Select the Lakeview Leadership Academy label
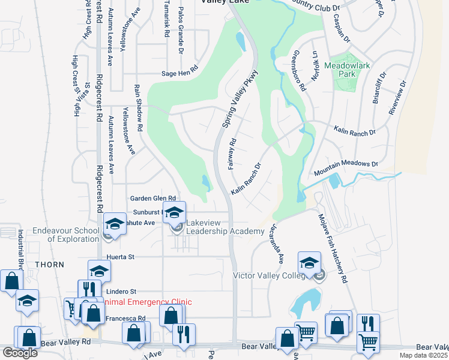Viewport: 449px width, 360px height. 224,227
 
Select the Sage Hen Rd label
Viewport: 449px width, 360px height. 179,74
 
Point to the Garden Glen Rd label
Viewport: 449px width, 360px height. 153,198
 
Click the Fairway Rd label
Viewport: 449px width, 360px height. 232,154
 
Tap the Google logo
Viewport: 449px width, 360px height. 19,353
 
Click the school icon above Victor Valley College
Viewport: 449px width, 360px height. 309,263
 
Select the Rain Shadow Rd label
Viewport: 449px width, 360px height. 138,108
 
